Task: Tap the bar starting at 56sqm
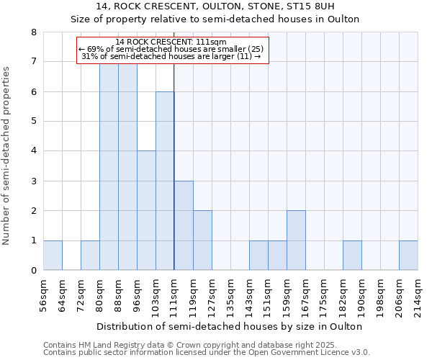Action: [x=53, y=255]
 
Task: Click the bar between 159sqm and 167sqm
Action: [x=296, y=240]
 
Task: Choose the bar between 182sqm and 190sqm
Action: [x=352, y=255]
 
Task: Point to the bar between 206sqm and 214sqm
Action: [x=408, y=255]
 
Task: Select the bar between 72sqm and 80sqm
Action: [x=90, y=255]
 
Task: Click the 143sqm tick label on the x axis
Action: [x=249, y=295]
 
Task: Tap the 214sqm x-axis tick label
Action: [x=418, y=295]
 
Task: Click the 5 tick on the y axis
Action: [x=34, y=121]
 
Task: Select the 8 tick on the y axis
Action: [x=34, y=32]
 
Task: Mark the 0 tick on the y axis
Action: [x=34, y=271]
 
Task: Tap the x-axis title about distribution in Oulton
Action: [x=228, y=326]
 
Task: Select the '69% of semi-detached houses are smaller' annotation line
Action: [x=171, y=48]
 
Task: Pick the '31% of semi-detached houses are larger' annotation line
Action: [x=171, y=55]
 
